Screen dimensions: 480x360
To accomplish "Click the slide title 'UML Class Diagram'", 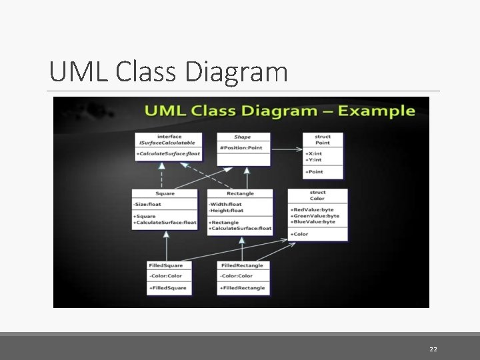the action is click(168, 72).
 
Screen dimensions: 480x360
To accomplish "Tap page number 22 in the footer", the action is click(433, 349).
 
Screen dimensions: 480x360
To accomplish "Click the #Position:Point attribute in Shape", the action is click(240, 147).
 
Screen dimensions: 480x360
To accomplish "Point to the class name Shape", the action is click(242, 137).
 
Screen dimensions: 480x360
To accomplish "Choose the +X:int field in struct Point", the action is click(314, 153).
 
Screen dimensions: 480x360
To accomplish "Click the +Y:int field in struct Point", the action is click(314, 159).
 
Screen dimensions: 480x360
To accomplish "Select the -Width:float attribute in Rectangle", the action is click(225, 204).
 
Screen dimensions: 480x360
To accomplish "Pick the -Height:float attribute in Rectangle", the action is click(227, 211).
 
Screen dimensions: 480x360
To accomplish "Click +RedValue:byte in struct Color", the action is click(313, 209).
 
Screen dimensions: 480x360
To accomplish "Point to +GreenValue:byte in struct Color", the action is click(315, 215).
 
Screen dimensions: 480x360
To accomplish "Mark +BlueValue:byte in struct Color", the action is click(313, 221).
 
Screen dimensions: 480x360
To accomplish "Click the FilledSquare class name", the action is click(165, 265).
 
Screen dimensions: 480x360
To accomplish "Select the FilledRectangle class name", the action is click(241, 265).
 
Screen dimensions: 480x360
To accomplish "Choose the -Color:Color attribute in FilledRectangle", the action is click(237, 276).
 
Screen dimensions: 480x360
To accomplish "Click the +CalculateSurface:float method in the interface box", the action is click(167, 154).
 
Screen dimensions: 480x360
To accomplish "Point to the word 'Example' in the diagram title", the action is click(376, 110).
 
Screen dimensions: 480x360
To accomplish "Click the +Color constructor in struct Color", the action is click(300, 234).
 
